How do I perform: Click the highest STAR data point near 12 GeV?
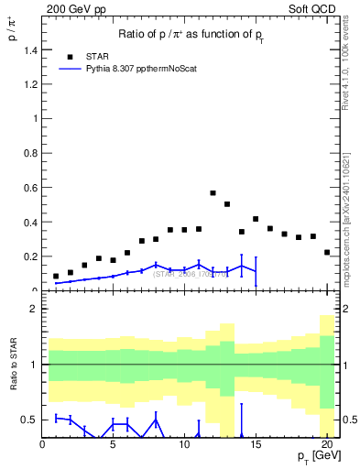click(x=213, y=193)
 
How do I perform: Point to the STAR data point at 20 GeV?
click(x=327, y=252)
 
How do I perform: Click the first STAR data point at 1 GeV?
click(x=56, y=276)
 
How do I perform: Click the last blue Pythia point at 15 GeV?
click(x=256, y=271)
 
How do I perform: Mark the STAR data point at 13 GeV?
click(x=227, y=204)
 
